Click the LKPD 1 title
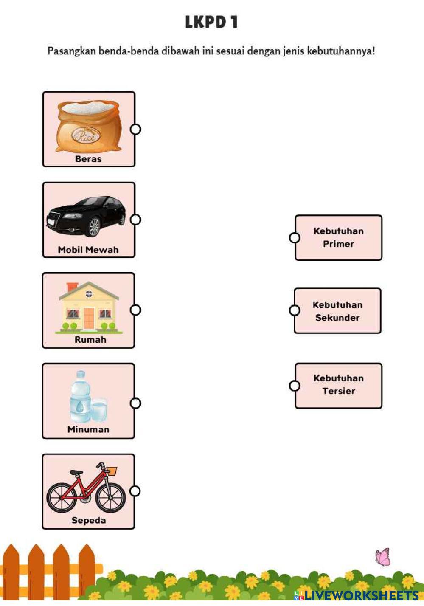[x=211, y=22]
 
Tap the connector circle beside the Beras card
[x=135, y=129]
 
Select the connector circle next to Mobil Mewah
[x=135, y=220]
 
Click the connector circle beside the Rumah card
[x=135, y=310]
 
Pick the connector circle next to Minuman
[x=135, y=403]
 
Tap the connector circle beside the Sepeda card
[x=135, y=491]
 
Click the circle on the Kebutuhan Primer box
[x=295, y=238]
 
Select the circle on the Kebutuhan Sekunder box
[x=295, y=310]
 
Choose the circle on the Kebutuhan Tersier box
[x=295, y=386]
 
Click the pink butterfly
[x=383, y=557]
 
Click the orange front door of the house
[x=89, y=318]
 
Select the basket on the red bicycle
[x=112, y=471]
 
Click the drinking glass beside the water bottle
[x=99, y=410]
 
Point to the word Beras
[x=88, y=159]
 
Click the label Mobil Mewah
[x=88, y=250]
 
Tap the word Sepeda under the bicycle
[x=89, y=520]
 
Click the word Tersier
[x=338, y=391]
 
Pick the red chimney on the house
[x=72, y=287]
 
